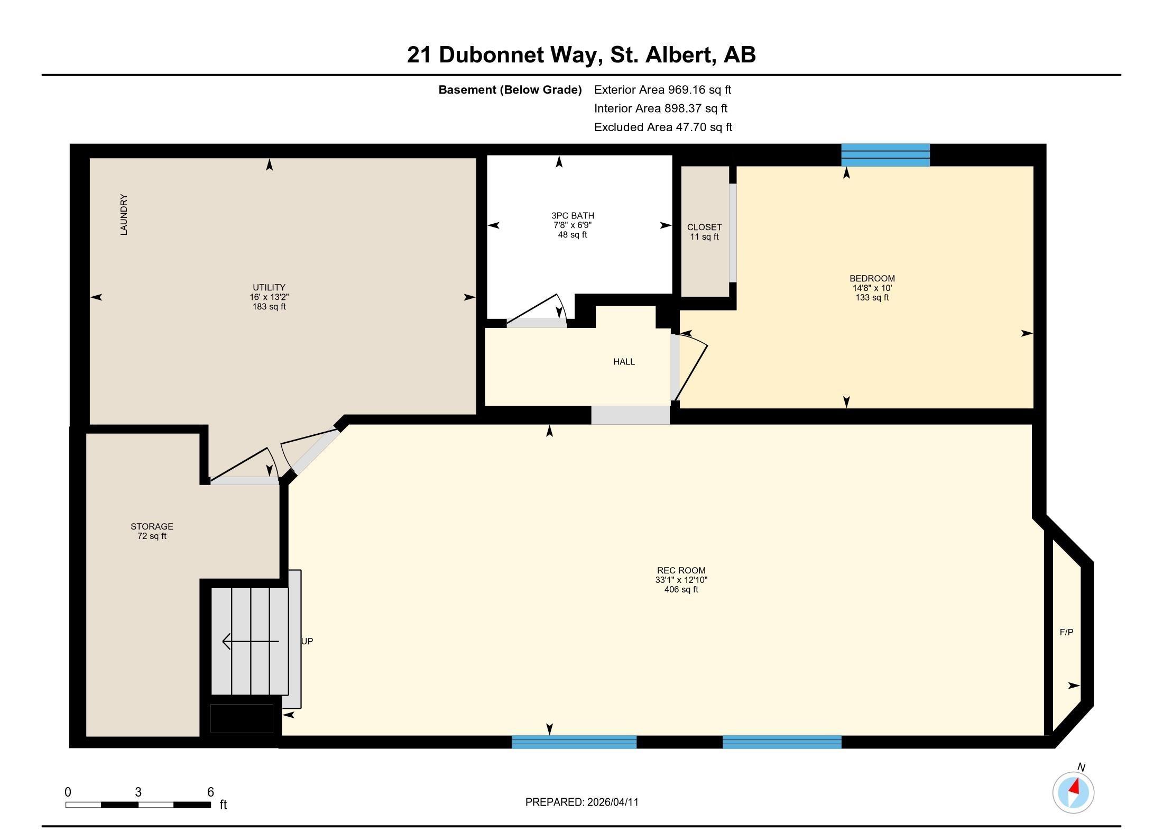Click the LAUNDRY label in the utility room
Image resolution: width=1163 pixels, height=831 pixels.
[124, 214]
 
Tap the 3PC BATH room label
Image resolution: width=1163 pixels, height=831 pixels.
[573, 216]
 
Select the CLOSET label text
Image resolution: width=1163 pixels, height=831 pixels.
[704, 227]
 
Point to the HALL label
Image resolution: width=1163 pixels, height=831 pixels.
[624, 362]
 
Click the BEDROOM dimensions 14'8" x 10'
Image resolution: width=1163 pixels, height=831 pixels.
[872, 288]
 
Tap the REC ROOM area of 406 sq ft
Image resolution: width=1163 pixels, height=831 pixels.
[681, 589]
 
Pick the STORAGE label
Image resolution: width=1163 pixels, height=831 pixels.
[152, 526]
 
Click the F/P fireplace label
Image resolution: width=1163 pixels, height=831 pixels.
[1066, 632]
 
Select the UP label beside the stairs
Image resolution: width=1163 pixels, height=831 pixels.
[307, 641]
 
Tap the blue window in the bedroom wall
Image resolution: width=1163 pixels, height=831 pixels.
[885, 155]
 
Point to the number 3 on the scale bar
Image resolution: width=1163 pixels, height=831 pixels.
[138, 792]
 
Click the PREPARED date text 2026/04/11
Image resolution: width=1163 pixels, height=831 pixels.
[612, 802]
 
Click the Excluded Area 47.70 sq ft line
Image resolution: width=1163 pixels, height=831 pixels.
[663, 127]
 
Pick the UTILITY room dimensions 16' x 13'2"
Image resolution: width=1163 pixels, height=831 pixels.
[269, 297]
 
